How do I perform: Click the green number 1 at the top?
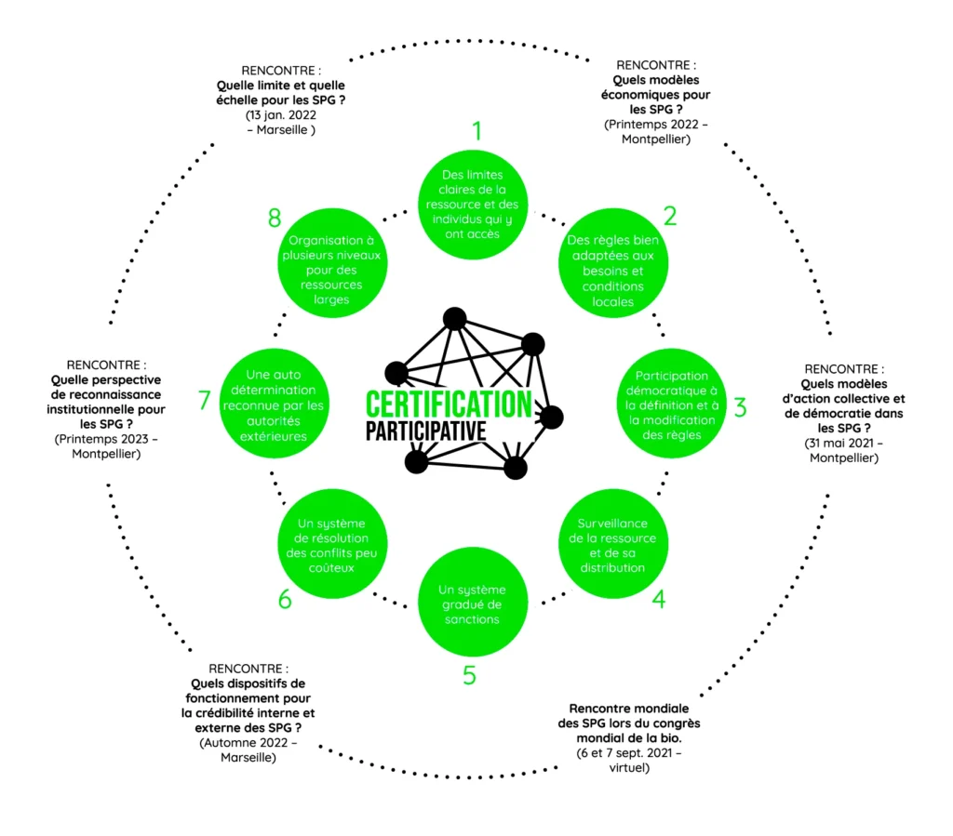pyautogui.click(x=476, y=130)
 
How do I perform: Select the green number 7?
pyautogui.click(x=205, y=401)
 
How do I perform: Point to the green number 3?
pyautogui.click(x=740, y=407)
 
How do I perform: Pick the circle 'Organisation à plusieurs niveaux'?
pyautogui.click(x=332, y=270)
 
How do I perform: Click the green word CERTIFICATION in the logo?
pyautogui.click(x=449, y=405)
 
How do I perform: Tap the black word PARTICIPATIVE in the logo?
pyautogui.click(x=425, y=431)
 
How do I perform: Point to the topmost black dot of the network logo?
pyautogui.click(x=454, y=319)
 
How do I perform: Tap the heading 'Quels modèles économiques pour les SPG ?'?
pyautogui.click(x=656, y=95)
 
